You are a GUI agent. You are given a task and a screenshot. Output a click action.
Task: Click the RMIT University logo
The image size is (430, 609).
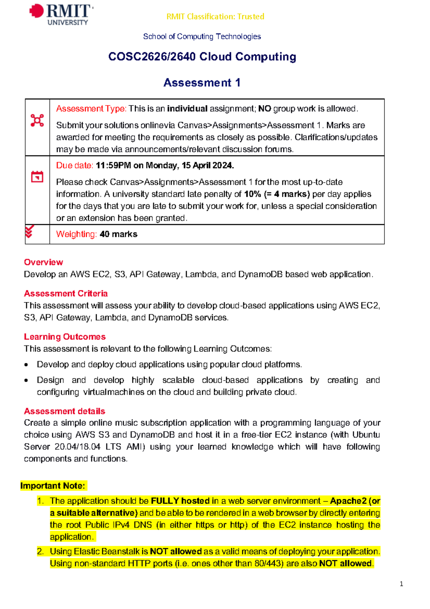(x=61, y=14)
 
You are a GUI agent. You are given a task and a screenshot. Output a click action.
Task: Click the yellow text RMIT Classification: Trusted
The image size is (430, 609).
(x=215, y=16)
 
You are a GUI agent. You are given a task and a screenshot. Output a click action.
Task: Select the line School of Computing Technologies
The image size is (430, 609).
(x=202, y=37)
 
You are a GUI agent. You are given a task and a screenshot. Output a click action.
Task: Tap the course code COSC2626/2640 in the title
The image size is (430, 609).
(x=152, y=57)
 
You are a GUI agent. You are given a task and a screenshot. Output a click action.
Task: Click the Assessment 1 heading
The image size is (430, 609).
(x=202, y=83)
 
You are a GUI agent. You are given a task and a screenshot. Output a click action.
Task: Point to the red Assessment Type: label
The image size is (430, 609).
(x=91, y=109)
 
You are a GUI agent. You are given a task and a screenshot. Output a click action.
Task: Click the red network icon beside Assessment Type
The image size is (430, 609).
(x=37, y=120)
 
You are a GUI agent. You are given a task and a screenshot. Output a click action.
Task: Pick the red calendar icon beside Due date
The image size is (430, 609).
(x=37, y=176)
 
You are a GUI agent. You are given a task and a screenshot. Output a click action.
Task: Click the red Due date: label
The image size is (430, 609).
(x=75, y=165)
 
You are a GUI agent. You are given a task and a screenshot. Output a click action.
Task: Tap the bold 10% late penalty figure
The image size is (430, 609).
(x=252, y=194)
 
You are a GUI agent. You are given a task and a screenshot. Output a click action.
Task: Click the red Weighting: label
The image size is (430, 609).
(x=76, y=234)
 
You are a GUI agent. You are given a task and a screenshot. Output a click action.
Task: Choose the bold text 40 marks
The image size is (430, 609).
(x=119, y=234)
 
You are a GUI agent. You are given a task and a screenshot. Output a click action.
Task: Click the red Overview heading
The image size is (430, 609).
(x=43, y=262)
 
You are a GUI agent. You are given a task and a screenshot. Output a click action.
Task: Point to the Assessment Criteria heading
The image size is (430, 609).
(x=66, y=293)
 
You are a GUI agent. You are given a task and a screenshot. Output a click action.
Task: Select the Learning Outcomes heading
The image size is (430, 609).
(x=64, y=337)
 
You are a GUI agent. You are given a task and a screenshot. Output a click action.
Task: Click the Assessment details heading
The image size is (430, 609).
(x=64, y=411)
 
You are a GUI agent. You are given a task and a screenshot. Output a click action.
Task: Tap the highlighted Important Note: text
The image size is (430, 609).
(x=53, y=486)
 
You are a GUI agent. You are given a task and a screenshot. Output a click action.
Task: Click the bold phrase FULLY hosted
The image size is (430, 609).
(x=180, y=501)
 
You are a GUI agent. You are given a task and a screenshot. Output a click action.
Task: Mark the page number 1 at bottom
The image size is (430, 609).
(x=401, y=584)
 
